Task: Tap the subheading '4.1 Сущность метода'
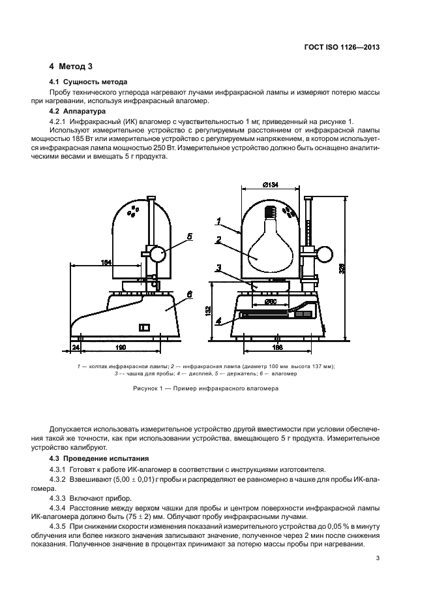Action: pos(88,82)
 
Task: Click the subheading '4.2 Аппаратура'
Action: pos(78,112)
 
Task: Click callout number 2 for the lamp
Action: pos(219,238)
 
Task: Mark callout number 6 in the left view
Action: pos(189,295)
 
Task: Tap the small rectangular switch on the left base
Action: pos(145,326)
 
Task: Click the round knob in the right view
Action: pos(324,253)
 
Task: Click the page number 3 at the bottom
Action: pos(378,558)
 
